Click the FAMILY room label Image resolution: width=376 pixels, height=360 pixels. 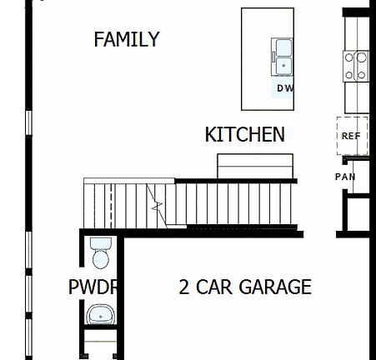tap(127, 39)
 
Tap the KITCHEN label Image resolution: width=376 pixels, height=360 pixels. tap(245, 134)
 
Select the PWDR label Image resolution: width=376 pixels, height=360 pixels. tap(93, 287)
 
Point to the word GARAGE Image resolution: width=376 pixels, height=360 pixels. tap(275, 287)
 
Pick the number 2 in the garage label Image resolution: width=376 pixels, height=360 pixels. tap(184, 287)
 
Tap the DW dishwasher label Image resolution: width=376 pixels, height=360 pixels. tap(285, 87)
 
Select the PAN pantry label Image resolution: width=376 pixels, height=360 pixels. tap(345, 177)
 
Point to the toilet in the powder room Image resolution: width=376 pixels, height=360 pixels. tap(101, 253)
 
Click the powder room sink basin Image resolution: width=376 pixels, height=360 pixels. tap(101, 314)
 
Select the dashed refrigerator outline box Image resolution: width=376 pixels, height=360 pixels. tap(351, 136)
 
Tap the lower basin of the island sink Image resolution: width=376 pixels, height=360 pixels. tap(283, 65)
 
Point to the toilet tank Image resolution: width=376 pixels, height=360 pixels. tap(101, 242)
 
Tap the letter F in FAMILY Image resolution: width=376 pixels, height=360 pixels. tap(98, 39)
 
